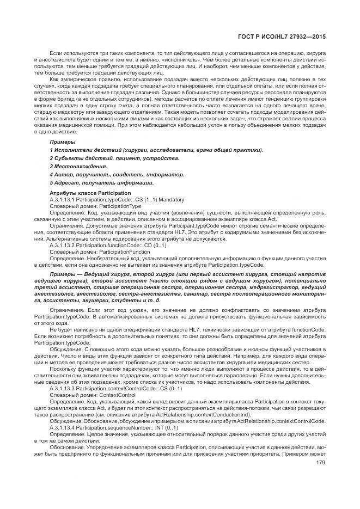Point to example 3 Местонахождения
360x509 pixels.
tap(78, 166)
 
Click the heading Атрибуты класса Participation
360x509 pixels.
tap(90, 193)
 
